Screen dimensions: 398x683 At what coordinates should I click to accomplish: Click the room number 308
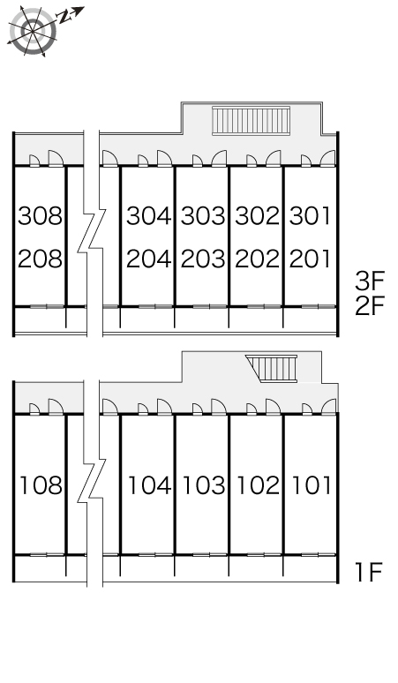(40, 216)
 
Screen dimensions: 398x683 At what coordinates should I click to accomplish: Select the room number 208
(40, 259)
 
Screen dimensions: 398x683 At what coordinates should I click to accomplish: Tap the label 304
(148, 216)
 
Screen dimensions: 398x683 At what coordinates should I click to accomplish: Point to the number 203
(203, 259)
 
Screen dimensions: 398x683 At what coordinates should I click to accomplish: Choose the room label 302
(258, 216)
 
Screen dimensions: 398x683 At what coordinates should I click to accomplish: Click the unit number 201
(310, 259)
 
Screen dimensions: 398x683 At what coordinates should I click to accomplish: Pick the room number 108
(41, 485)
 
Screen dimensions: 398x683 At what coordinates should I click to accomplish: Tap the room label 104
(149, 485)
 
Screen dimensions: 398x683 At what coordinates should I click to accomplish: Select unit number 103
(204, 485)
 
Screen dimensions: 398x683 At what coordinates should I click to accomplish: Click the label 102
(259, 485)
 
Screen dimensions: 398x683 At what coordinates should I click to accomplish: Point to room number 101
(311, 485)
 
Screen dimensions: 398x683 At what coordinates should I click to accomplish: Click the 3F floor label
(370, 281)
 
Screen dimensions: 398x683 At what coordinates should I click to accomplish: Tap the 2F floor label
(370, 306)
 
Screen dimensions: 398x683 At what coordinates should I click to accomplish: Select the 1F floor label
(369, 573)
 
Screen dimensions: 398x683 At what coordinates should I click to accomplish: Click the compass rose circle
(33, 31)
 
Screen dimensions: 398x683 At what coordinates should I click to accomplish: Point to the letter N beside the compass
(65, 18)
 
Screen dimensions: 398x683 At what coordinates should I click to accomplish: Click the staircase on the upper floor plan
(252, 121)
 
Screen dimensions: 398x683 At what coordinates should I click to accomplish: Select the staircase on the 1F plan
(272, 369)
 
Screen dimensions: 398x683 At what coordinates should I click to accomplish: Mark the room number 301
(310, 216)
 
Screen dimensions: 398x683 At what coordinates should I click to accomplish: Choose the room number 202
(258, 259)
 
